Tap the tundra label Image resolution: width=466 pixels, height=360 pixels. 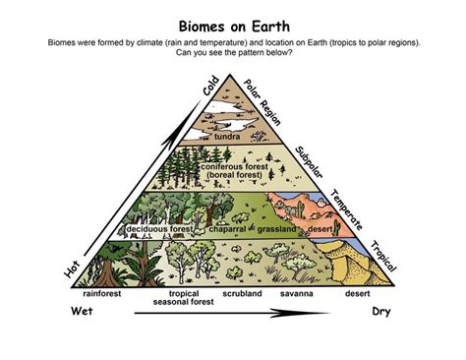(228, 137)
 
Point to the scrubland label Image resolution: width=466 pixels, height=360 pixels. (241, 292)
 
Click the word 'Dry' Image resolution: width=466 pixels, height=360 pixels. (382, 313)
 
